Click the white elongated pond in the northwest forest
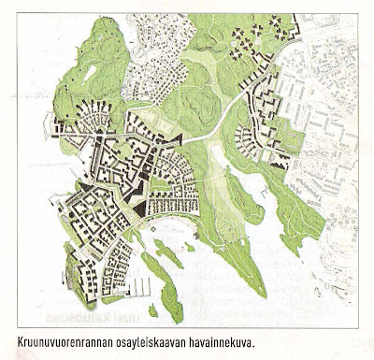90,72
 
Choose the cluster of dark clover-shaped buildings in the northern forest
249,37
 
